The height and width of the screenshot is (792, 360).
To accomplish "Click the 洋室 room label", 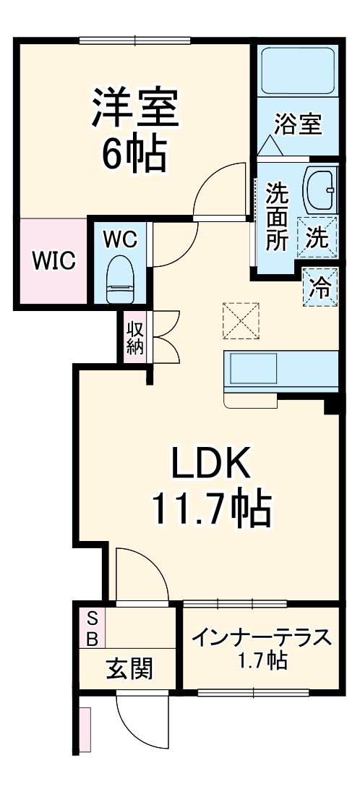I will pyautogui.click(x=134, y=108).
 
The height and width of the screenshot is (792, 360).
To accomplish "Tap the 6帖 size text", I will pyautogui.click(x=134, y=152).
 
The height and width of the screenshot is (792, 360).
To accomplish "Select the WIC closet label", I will pyautogui.click(x=53, y=261).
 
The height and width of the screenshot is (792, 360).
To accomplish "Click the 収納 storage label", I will pyautogui.click(x=135, y=336).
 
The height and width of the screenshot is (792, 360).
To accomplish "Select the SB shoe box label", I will pyautogui.click(x=93, y=629).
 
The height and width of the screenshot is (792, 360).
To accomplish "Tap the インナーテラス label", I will pyautogui.click(x=262, y=638).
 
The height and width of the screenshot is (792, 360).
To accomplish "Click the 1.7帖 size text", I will pyautogui.click(x=262, y=660).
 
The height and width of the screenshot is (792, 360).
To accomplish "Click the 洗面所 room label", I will pyautogui.click(x=276, y=217).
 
